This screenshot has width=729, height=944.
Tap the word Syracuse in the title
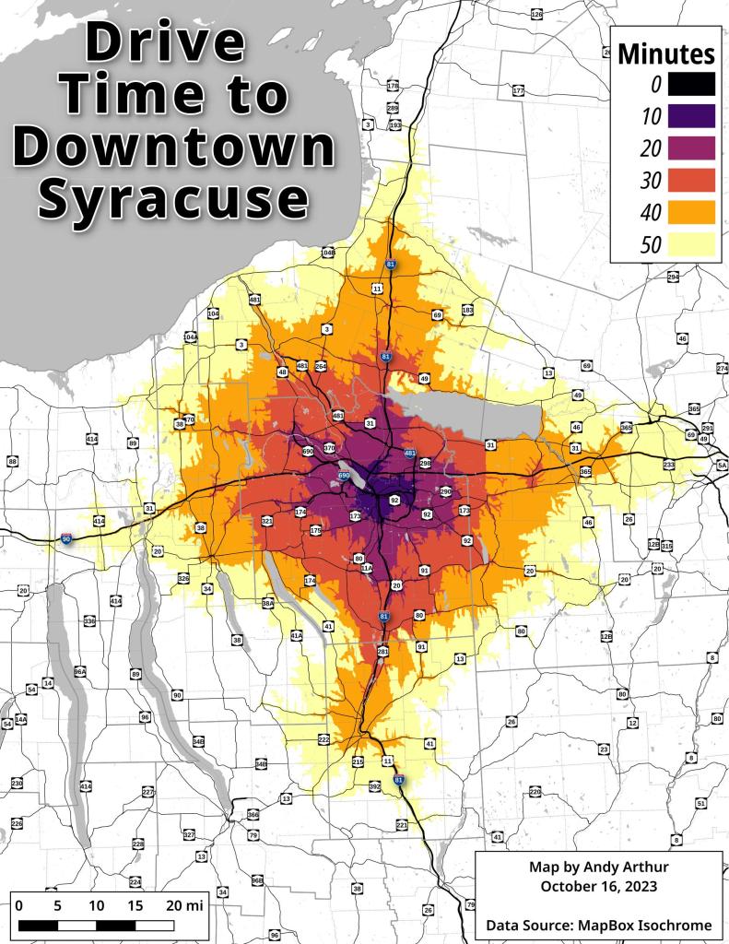pyautogui.click(x=174, y=195)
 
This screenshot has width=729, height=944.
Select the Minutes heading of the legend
pyautogui.click(x=665, y=53)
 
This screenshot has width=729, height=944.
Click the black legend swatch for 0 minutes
pyautogui.click(x=693, y=84)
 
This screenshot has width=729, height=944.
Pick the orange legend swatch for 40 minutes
pyautogui.click(x=693, y=211)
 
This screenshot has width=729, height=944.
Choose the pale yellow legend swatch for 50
pyautogui.click(x=693, y=243)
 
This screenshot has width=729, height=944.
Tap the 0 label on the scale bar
pyautogui.click(x=19, y=905)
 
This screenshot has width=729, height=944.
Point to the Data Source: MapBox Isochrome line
pyautogui.click(x=598, y=923)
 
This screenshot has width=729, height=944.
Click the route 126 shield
pyautogui.click(x=537, y=16)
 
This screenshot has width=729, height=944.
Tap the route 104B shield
pyautogui.click(x=327, y=252)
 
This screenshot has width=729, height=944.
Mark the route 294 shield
pyautogui.click(x=673, y=277)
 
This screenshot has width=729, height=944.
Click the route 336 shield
pyautogui.click(x=89, y=622)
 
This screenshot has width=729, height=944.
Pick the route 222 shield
pyautogui.click(x=323, y=740)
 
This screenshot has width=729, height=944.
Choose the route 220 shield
pyautogui.click(x=535, y=792)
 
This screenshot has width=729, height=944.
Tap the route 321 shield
pyautogui.click(x=267, y=522)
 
